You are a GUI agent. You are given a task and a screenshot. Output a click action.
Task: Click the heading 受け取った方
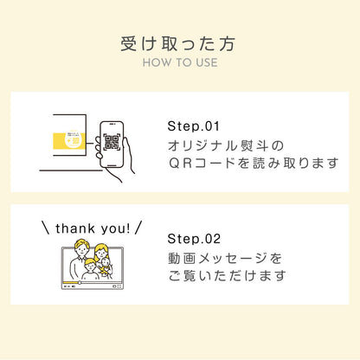(177, 44)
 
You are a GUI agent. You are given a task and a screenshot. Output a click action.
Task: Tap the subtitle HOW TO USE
(180, 62)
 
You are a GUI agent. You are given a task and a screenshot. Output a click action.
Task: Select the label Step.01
(194, 126)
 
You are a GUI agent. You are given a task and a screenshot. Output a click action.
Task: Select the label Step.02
(194, 239)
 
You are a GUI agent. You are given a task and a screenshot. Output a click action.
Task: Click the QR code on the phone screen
(112, 142)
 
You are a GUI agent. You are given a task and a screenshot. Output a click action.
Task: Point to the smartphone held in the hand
(112, 145)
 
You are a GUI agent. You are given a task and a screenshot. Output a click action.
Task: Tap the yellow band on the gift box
(69, 141)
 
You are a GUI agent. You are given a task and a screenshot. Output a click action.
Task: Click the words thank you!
(93, 228)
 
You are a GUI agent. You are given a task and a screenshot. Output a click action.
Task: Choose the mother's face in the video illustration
(101, 253)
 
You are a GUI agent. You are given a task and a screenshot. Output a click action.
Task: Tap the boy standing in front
(90, 270)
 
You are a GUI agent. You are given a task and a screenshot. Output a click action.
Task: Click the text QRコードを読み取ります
(253, 164)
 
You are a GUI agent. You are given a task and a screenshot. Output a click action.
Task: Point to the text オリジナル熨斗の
(226, 145)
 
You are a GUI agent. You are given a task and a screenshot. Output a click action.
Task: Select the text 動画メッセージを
(225, 258)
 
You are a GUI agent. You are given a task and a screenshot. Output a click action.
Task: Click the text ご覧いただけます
(227, 275)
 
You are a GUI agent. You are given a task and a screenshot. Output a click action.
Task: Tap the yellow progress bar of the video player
(71, 282)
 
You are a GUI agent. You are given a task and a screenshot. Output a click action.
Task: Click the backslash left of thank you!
(46, 228)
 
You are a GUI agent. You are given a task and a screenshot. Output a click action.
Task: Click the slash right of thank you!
(138, 228)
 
